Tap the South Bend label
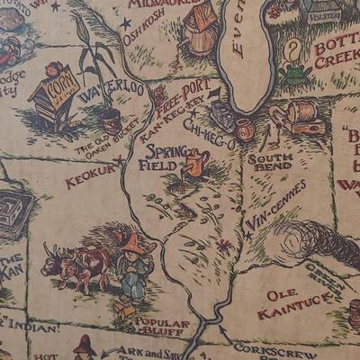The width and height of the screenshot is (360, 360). (x=269, y=161)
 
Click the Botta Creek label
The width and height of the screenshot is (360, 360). (x=335, y=50)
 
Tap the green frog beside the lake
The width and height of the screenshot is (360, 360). (x=294, y=75)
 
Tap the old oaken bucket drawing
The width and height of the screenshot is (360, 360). (x=112, y=120)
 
